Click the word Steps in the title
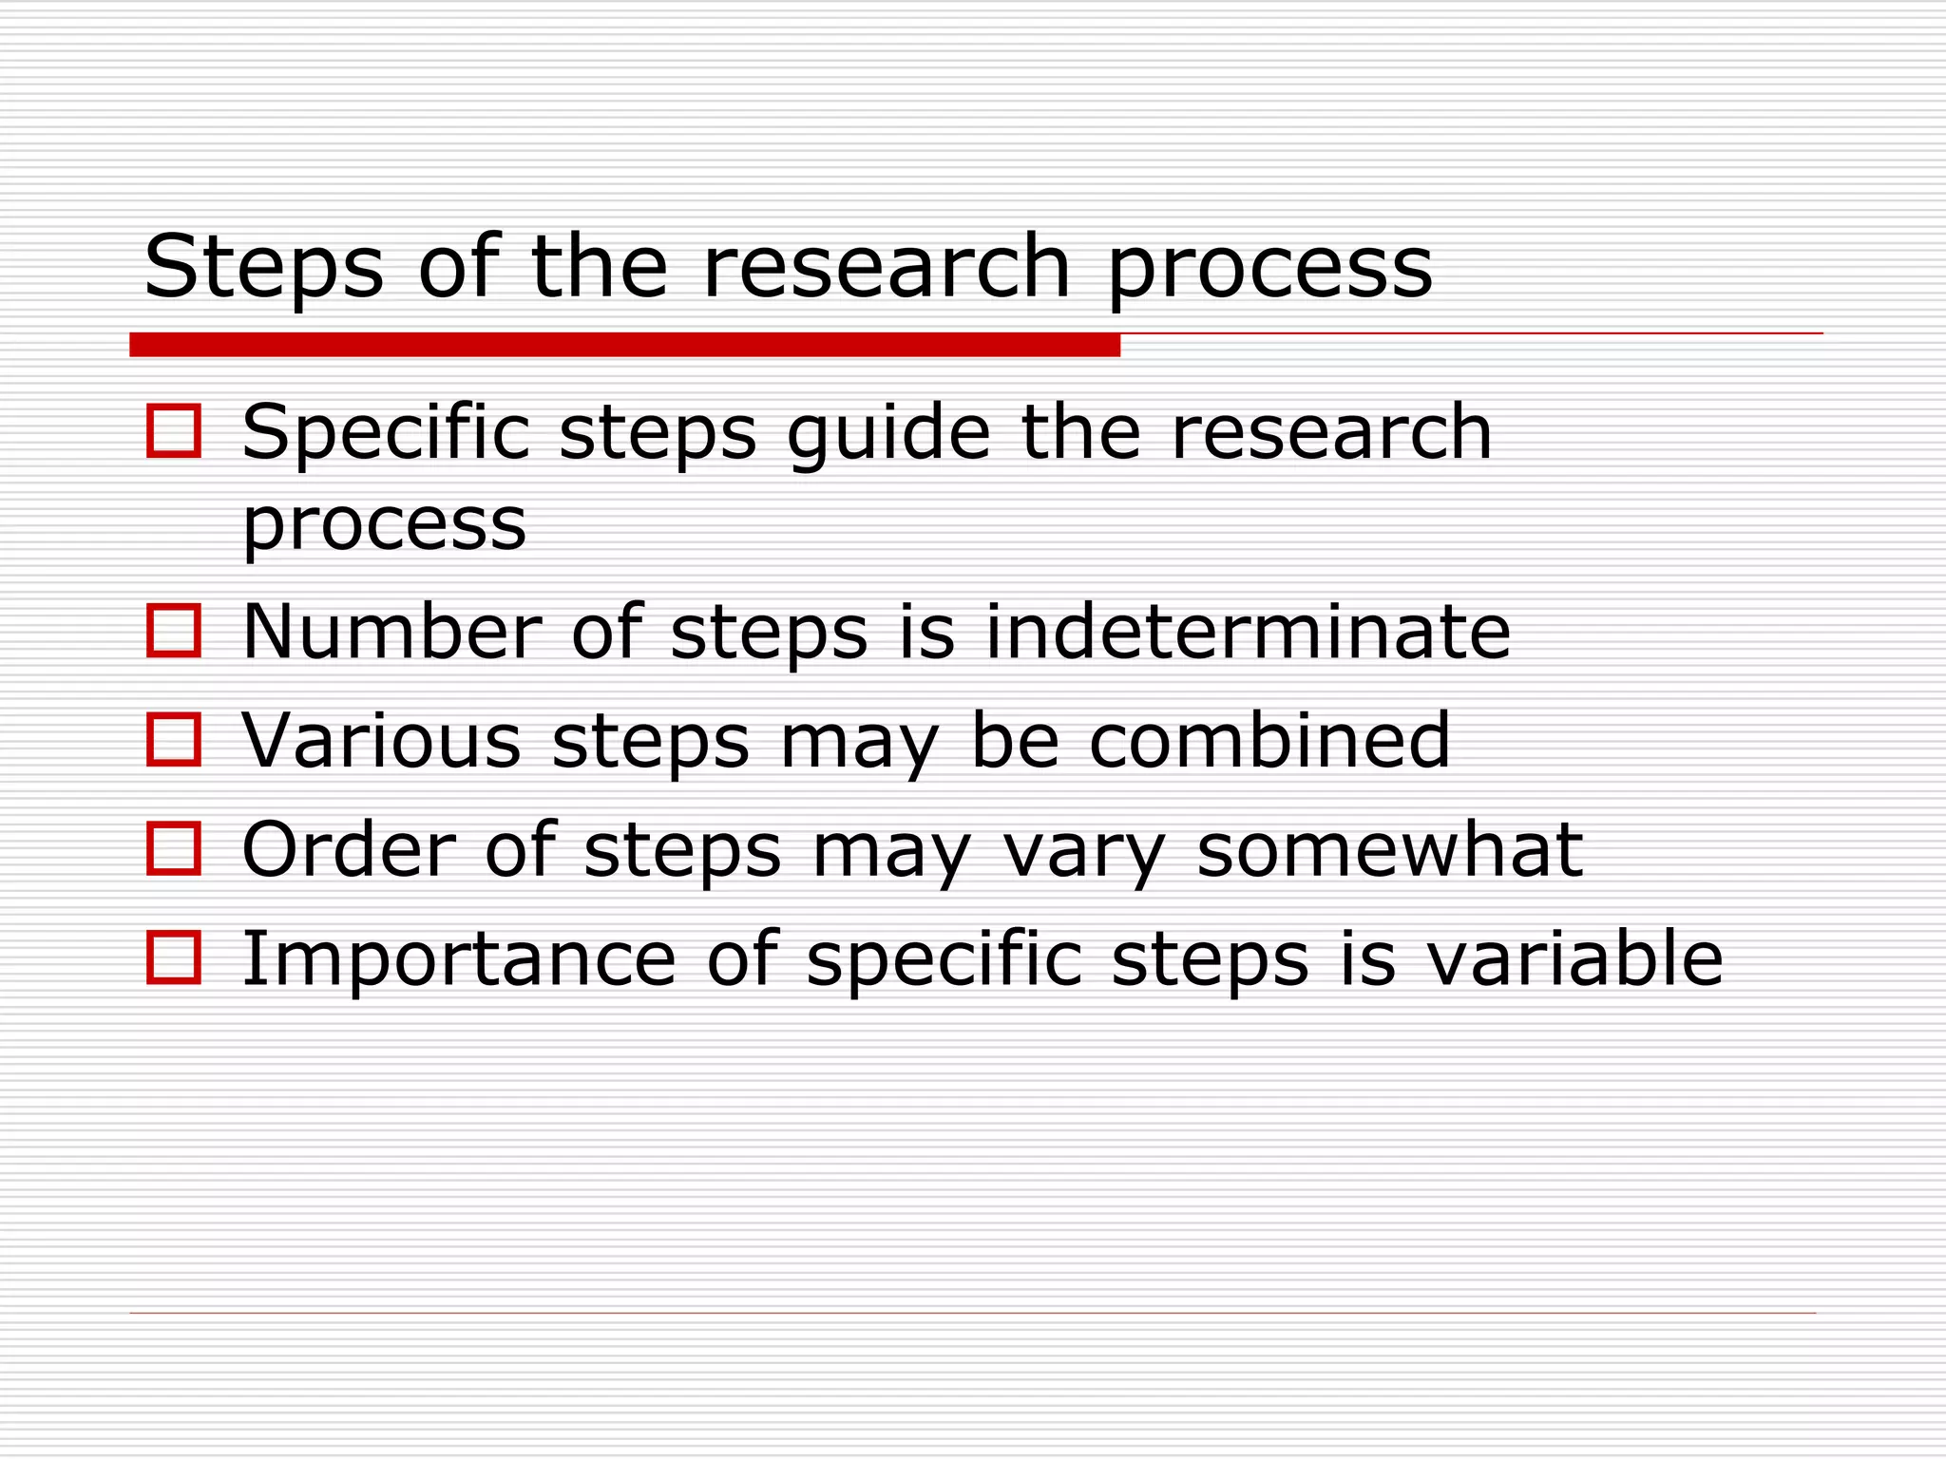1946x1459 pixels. [x=264, y=268]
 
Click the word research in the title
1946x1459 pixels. [x=887, y=268]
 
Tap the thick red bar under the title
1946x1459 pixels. [x=624, y=345]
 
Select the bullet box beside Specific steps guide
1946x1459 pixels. [x=174, y=431]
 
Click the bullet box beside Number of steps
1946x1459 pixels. [x=174, y=631]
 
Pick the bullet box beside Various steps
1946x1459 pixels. [x=174, y=739]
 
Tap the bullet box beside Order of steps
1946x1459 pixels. [x=174, y=848]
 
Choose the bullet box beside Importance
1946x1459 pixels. [x=174, y=957]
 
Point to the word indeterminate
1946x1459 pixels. [x=1248, y=632]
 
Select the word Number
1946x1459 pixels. [x=391, y=632]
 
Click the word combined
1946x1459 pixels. [x=1269, y=740]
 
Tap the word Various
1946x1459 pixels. [x=381, y=740]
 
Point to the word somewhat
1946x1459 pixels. [x=1389, y=849]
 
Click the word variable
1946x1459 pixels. [x=1574, y=958]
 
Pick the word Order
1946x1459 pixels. [x=349, y=849]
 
